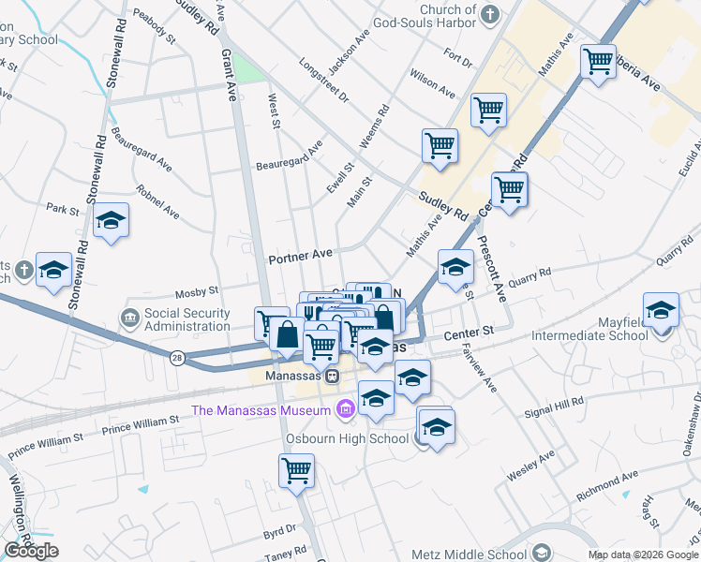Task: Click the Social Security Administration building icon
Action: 130,319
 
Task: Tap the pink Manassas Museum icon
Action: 344,409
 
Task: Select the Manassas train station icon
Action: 331,376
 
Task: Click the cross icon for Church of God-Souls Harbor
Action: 491,12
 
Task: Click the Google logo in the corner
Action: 31,551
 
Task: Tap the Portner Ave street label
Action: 300,255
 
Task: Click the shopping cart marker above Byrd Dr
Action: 297,471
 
